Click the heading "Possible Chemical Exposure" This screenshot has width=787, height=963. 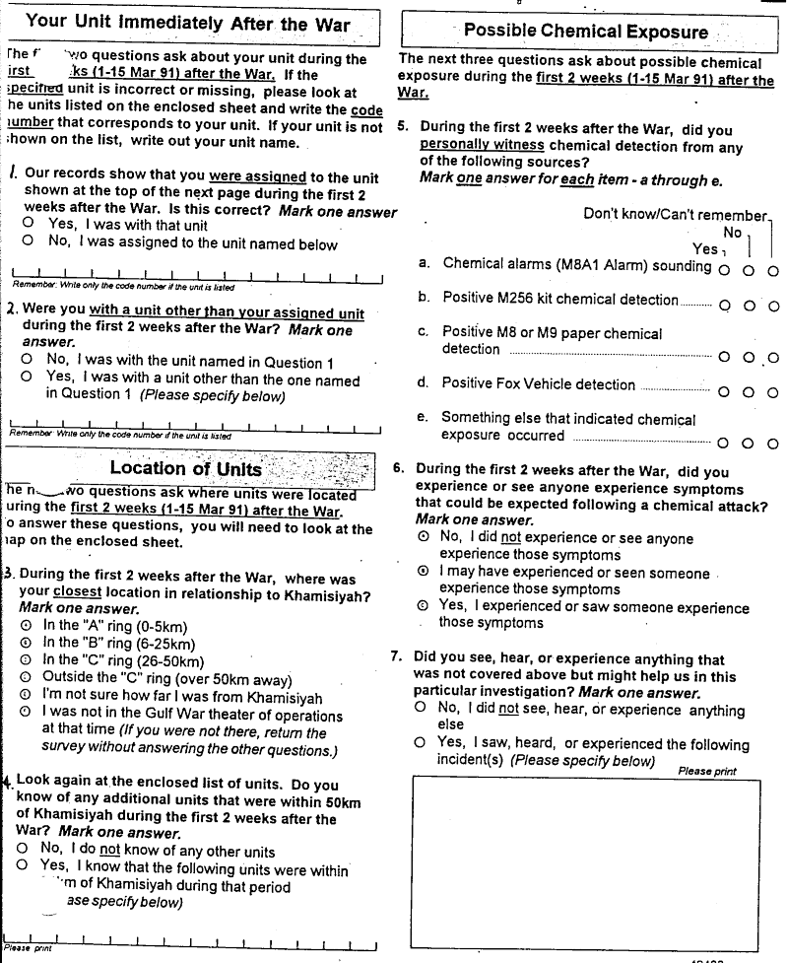click(x=585, y=31)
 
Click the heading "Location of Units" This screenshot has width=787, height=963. click(x=185, y=468)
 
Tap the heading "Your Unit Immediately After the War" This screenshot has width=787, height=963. click(x=187, y=24)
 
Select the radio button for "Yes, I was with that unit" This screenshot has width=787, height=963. click(x=28, y=224)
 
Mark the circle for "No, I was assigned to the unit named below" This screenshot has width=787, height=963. click(x=28, y=241)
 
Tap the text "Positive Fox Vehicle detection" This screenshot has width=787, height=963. click(x=538, y=383)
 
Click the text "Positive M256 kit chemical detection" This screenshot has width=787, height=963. click(x=559, y=298)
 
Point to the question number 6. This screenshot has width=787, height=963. click(x=399, y=469)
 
